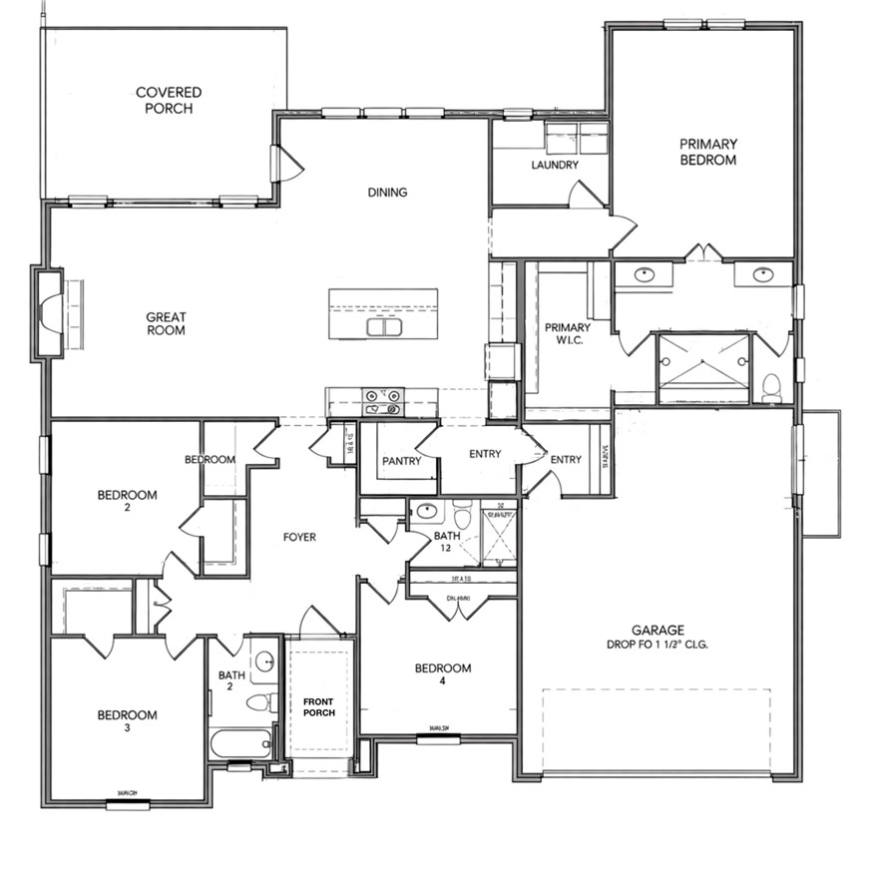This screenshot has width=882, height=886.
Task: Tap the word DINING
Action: pyautogui.click(x=387, y=193)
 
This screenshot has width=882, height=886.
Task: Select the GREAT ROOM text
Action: pyautogui.click(x=166, y=323)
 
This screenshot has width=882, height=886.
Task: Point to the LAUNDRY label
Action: pyautogui.click(x=555, y=165)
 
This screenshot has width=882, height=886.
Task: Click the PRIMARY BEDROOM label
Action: pyautogui.click(x=707, y=152)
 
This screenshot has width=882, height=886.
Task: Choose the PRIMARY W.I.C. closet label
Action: pyautogui.click(x=567, y=334)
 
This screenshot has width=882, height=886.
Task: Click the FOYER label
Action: pyautogui.click(x=299, y=537)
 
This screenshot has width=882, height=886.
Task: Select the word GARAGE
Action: pyautogui.click(x=658, y=630)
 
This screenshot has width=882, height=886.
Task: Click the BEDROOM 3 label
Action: pyautogui.click(x=127, y=721)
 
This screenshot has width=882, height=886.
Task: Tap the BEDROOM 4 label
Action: pyautogui.click(x=443, y=675)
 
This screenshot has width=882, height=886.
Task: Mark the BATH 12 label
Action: pyautogui.click(x=447, y=543)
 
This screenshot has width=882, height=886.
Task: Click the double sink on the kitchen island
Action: pyautogui.click(x=384, y=326)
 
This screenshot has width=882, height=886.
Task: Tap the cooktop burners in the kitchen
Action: pyautogui.click(x=383, y=401)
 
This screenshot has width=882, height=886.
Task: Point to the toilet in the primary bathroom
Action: pyautogui.click(x=771, y=386)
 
